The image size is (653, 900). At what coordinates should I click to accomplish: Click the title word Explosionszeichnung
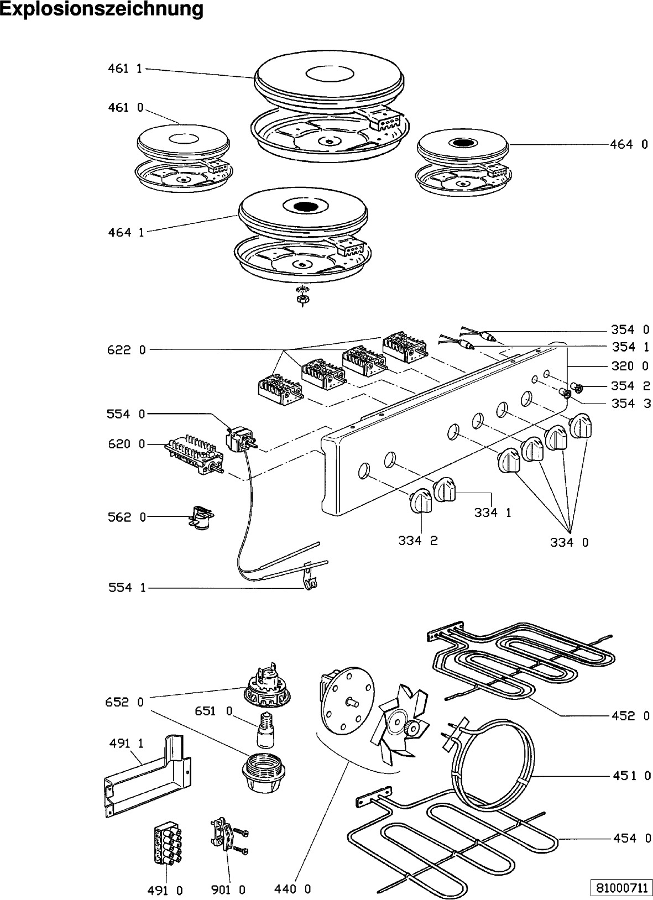[102, 9]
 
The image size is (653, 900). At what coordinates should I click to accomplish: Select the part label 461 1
[125, 69]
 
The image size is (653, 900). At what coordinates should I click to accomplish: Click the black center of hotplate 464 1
[302, 207]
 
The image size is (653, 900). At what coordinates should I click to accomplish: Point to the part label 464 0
[629, 144]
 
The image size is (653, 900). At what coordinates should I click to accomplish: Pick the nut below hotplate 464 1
[302, 299]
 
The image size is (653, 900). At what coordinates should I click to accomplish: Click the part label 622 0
[127, 349]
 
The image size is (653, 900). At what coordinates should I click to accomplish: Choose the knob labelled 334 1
[445, 489]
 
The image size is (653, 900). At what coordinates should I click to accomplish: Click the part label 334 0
[569, 543]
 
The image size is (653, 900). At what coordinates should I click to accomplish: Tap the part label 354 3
[631, 404]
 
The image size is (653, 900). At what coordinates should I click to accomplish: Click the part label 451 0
[631, 776]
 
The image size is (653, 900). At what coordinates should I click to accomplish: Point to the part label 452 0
[631, 716]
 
